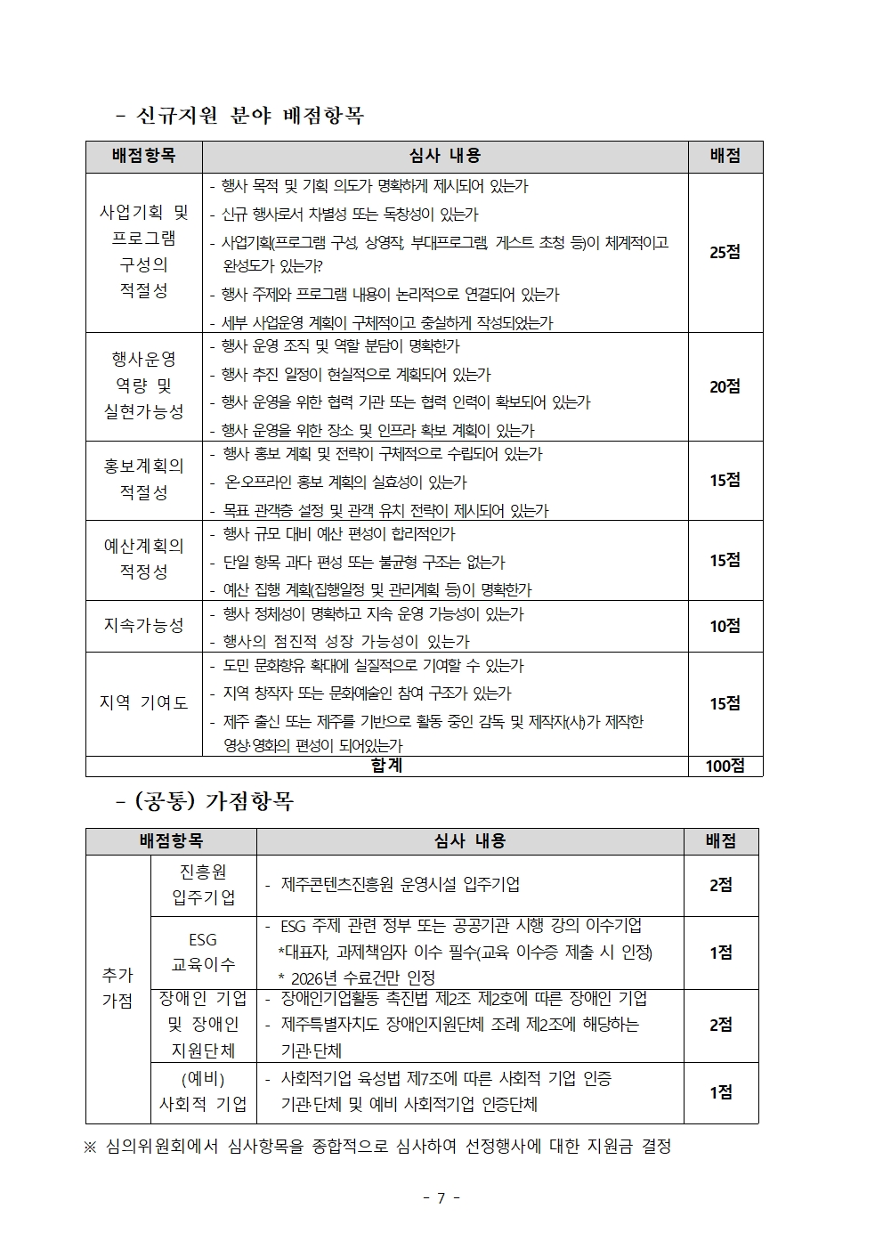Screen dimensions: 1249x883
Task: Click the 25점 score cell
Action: point(725,252)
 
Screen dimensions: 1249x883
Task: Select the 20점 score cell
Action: point(725,386)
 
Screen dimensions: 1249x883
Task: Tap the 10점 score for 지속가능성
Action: point(725,626)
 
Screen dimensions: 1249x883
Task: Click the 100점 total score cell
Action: point(725,766)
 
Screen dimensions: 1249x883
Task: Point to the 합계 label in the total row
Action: point(386,766)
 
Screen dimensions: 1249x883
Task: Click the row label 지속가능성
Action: point(144,626)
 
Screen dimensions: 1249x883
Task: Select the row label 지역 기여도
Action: point(144,703)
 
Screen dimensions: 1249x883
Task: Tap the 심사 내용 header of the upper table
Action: point(445,156)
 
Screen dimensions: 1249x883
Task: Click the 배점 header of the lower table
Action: point(720,841)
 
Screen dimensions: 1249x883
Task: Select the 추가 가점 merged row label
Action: point(117,988)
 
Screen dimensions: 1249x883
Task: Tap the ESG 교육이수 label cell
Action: point(203,952)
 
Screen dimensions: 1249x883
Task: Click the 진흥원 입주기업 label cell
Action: point(203,885)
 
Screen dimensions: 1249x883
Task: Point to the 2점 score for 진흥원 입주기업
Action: point(720,885)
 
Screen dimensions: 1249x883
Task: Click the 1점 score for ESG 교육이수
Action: point(720,953)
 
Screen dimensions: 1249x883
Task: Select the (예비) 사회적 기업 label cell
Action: point(203,1091)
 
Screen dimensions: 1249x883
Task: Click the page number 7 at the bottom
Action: point(441,1197)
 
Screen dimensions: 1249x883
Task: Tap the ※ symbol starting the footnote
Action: point(90,1147)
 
